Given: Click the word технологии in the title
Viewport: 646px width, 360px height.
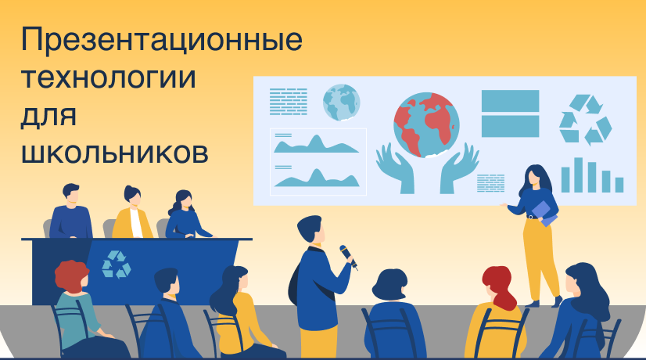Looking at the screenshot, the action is [x=109, y=77].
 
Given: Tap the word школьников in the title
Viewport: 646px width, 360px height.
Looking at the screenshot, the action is [x=114, y=153].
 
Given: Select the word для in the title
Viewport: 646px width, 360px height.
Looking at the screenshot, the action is [x=48, y=117].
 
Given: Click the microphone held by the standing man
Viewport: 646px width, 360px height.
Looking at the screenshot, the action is [x=348, y=257].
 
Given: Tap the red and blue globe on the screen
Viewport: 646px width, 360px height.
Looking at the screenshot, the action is [x=426, y=125].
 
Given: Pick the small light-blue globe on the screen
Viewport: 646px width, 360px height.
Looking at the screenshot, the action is [x=341, y=103].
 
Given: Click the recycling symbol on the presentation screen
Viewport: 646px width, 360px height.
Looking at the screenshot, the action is [x=585, y=120].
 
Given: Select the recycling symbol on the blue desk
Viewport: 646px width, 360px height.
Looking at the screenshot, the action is [x=117, y=264].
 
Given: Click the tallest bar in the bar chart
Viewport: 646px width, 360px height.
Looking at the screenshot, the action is [x=579, y=175].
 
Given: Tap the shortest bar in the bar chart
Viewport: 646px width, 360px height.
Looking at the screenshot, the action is [x=619, y=185].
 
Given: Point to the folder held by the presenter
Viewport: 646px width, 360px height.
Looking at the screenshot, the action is [x=544, y=214].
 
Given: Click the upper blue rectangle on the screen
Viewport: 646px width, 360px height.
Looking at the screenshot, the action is [x=510, y=101].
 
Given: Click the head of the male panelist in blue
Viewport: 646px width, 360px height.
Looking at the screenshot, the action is [x=71, y=194].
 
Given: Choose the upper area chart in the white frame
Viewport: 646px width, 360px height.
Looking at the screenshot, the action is [x=316, y=144].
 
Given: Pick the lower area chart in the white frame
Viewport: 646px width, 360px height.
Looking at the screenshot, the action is [x=317, y=178].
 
